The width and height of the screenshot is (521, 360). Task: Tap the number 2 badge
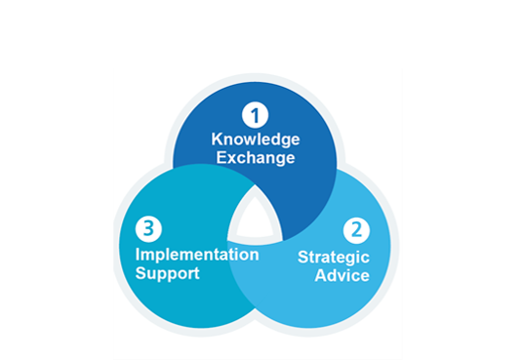[x=356, y=231]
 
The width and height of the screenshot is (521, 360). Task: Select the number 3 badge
[x=147, y=229]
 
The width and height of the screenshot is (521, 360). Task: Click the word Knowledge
[x=255, y=139]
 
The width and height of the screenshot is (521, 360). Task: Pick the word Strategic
[x=333, y=258]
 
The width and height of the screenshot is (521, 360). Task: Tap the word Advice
[x=341, y=275]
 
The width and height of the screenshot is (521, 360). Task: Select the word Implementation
[x=197, y=255]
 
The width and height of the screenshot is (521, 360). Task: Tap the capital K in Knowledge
[x=217, y=139]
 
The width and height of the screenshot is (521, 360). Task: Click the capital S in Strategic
[x=301, y=258]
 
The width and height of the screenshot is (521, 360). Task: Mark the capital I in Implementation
[x=138, y=255]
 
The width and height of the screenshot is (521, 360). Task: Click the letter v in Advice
[x=341, y=275]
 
